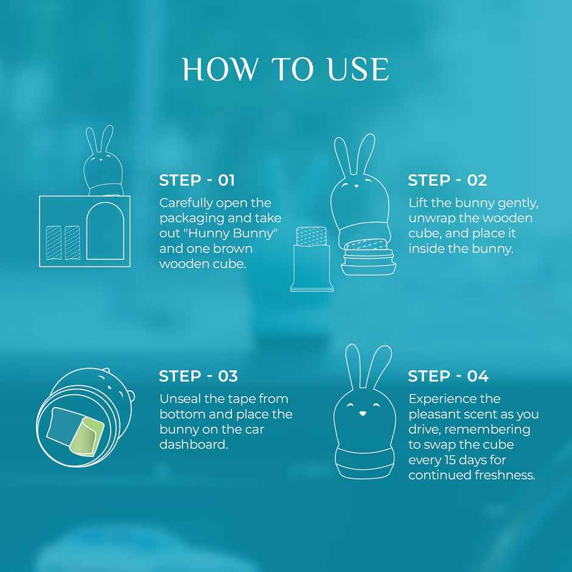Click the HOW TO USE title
click(285, 69)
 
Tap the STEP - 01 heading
click(197, 180)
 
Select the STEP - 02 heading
click(447, 180)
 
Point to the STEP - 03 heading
click(198, 376)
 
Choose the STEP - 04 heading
click(448, 376)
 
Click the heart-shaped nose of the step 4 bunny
click(363, 413)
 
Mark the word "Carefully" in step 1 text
click(186, 203)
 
